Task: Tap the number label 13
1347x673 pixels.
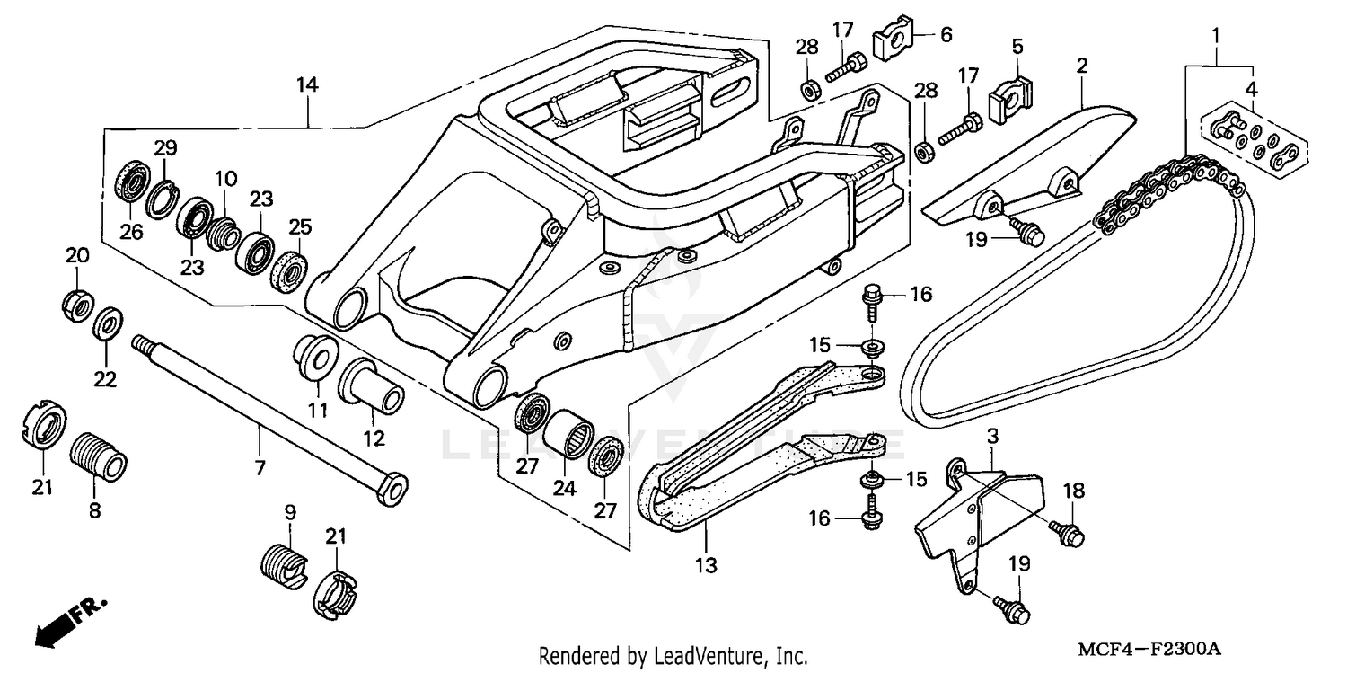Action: [x=706, y=565]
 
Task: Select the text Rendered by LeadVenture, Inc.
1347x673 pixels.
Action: [x=673, y=655]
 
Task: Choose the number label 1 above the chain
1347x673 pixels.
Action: [x=1216, y=37]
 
